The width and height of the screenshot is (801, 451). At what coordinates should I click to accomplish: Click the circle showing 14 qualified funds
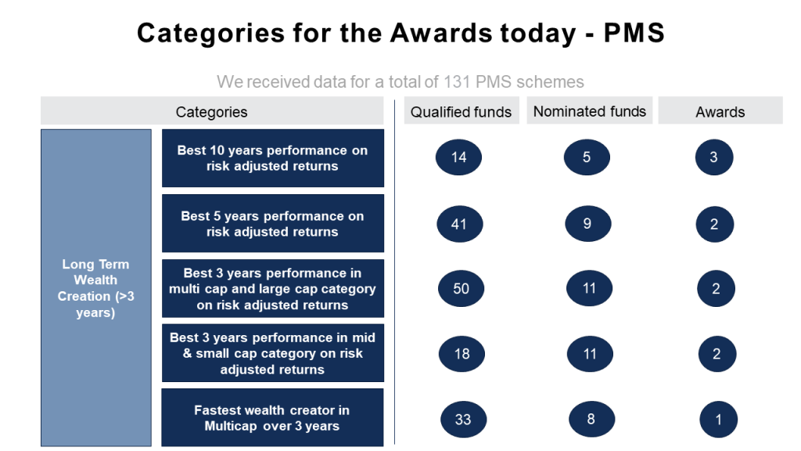tap(458, 157)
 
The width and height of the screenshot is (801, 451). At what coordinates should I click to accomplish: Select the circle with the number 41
tap(460, 224)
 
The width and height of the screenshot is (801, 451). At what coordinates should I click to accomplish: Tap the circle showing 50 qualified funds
tap(461, 288)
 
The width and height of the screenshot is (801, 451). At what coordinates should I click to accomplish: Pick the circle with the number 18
tap(462, 354)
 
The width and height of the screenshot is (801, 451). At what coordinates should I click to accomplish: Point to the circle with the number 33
tap(463, 420)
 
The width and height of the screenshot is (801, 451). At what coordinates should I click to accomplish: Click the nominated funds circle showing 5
tap(587, 157)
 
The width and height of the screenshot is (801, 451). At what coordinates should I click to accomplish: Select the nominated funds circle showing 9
tap(588, 223)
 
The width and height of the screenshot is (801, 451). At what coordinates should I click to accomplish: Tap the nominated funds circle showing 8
tap(591, 420)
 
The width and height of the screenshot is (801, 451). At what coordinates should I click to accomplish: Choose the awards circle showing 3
tap(714, 157)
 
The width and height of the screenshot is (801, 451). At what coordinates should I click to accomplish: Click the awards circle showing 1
tap(718, 420)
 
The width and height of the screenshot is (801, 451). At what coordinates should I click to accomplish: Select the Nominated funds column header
tap(590, 110)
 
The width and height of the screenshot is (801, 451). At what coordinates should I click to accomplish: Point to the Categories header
tap(212, 111)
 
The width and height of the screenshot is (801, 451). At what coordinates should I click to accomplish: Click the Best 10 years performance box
tap(273, 158)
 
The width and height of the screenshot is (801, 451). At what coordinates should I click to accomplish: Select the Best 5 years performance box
tap(273, 223)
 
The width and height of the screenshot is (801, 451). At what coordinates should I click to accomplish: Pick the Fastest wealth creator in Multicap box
tap(272, 418)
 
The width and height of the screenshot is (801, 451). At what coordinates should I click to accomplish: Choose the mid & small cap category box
tap(273, 353)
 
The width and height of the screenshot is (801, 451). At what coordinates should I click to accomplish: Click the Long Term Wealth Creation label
tap(96, 288)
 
